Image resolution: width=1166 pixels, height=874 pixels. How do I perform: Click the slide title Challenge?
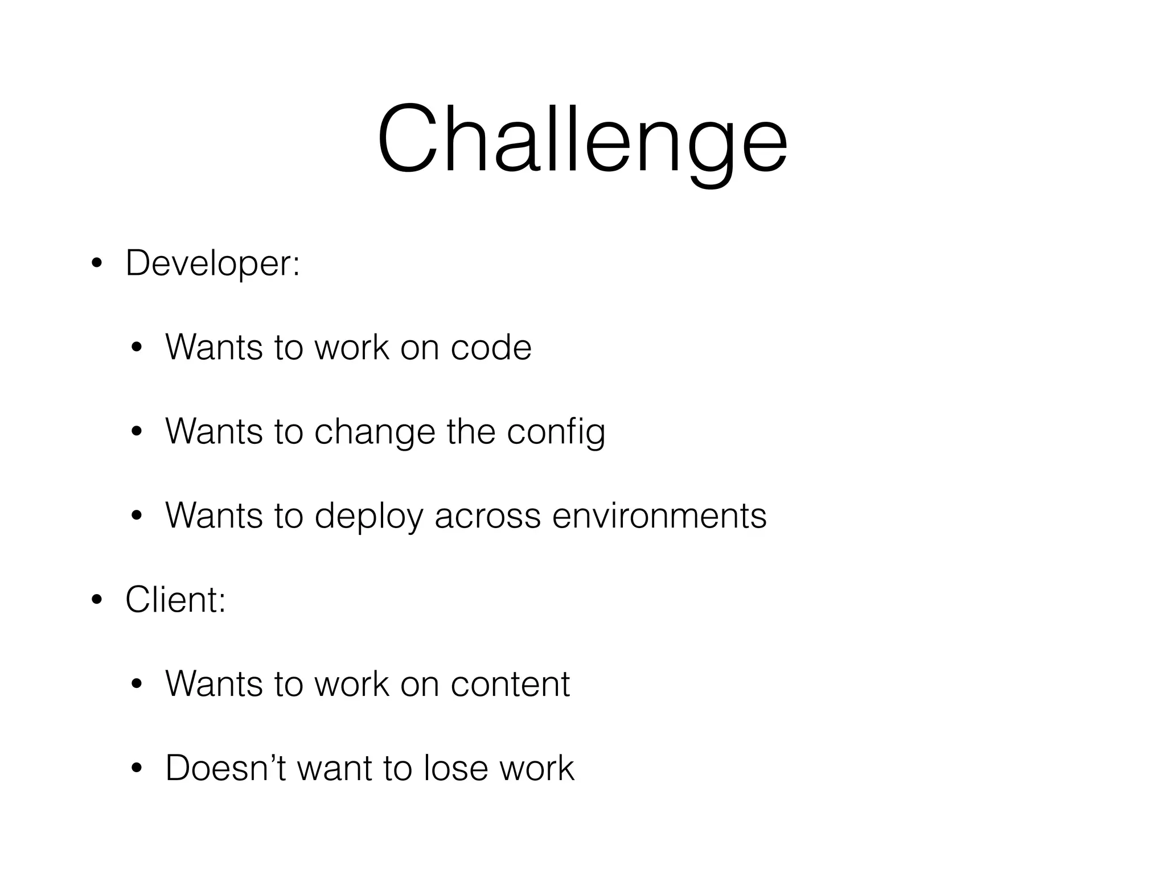click(x=582, y=139)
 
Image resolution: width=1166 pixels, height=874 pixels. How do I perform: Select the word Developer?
click(x=212, y=263)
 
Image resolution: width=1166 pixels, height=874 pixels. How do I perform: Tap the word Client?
click(x=175, y=600)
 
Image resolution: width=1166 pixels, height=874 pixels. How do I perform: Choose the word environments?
click(x=659, y=516)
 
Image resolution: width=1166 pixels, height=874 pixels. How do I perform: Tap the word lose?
click(x=456, y=768)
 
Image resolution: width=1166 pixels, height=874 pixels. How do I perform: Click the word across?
click(x=487, y=516)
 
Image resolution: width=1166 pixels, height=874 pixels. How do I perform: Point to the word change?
click(x=375, y=432)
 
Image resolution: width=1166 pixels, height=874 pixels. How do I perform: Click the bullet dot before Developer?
click(x=97, y=265)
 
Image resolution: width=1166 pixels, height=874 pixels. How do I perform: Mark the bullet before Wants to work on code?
click(x=136, y=348)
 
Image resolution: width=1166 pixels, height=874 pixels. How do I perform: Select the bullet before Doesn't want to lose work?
click(x=136, y=769)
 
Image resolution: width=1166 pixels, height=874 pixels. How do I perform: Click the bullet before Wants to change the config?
click(x=136, y=432)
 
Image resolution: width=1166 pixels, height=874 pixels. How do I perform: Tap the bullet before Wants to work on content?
click(x=136, y=685)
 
